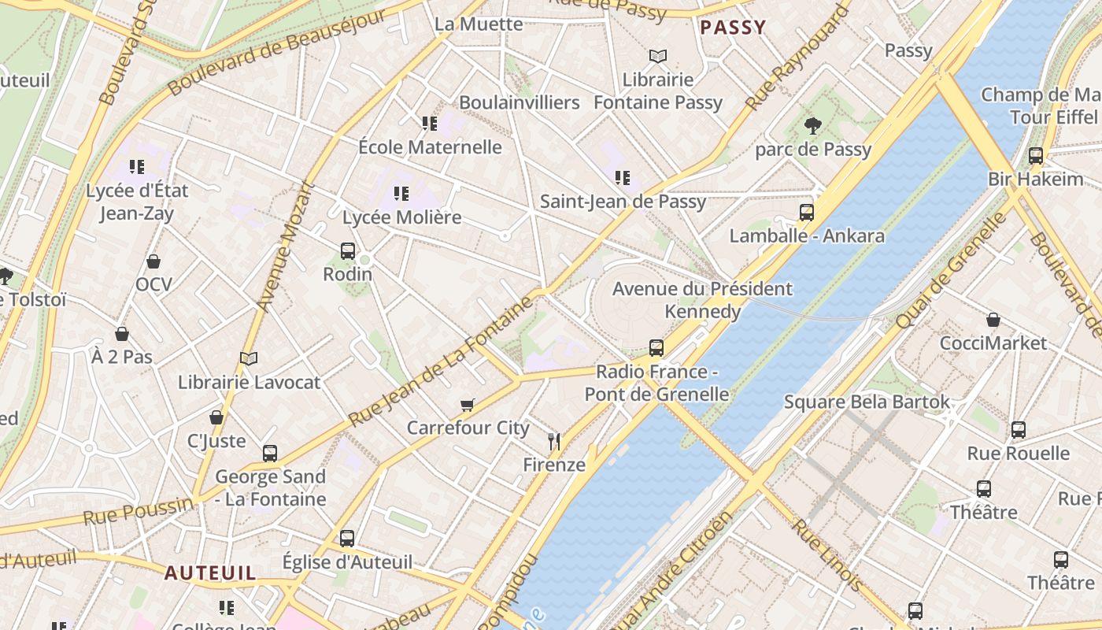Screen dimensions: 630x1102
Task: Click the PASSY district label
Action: pyautogui.click(x=732, y=28)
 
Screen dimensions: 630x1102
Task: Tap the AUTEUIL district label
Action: pyautogui.click(x=210, y=573)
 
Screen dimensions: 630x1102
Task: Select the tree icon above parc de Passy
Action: pyautogui.click(x=813, y=125)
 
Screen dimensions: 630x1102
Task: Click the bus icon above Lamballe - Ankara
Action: pyautogui.click(x=807, y=212)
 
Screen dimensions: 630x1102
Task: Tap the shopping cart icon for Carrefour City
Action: pyautogui.click(x=468, y=405)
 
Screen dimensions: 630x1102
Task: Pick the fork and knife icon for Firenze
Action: pyautogui.click(x=554, y=441)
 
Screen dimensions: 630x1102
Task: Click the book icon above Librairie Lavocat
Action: pyautogui.click(x=249, y=359)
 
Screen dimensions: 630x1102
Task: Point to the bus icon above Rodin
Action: pyautogui.click(x=348, y=251)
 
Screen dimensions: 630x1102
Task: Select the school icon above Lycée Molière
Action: pyautogui.click(x=401, y=193)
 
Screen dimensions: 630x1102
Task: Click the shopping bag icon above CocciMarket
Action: pyautogui.click(x=993, y=320)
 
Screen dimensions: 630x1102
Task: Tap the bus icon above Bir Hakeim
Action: pyautogui.click(x=1036, y=156)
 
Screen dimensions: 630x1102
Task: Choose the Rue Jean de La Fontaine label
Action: pyautogui.click(x=441, y=361)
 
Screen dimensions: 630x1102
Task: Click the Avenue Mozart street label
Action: pyautogui.click(x=286, y=246)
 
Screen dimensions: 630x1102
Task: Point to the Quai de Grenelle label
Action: pyautogui.click(x=951, y=270)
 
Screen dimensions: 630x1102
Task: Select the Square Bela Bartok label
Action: pyautogui.click(x=867, y=402)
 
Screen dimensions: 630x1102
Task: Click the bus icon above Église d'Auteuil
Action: pyautogui.click(x=347, y=539)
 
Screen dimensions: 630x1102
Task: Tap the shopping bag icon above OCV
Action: pyautogui.click(x=153, y=261)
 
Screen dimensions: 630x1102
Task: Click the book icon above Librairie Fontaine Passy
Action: pyautogui.click(x=658, y=56)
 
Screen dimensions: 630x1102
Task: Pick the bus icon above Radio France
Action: pyautogui.click(x=656, y=347)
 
